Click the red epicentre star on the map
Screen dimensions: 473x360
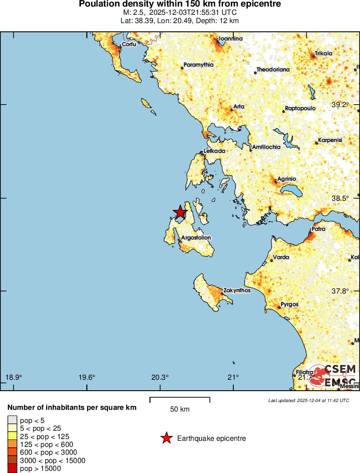[180, 212]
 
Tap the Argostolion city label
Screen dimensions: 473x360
[196, 238]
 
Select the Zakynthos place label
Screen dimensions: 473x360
[237, 290]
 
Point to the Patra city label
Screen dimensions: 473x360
[319, 229]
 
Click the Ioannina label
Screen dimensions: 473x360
[231, 39]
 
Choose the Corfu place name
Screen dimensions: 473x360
[129, 44]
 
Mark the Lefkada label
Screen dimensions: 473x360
[215, 151]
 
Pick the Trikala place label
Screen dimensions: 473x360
[324, 54]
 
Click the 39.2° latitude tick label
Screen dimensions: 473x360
[340, 105]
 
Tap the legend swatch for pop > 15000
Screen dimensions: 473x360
[12, 468]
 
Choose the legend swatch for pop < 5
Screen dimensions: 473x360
[12, 420]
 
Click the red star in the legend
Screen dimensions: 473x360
[166, 438]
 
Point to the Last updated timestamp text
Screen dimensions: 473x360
[308, 400]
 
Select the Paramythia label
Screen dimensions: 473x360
[199, 65]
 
